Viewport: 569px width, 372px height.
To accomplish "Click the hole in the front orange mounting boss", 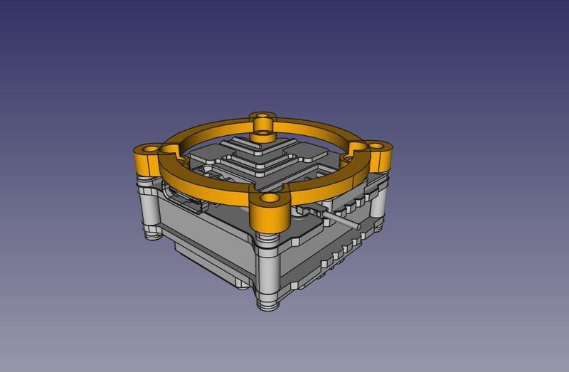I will pyautogui.click(x=270, y=198).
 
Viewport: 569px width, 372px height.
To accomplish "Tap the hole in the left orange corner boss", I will pyautogui.click(x=149, y=149).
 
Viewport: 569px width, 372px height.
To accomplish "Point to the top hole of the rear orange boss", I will pyautogui.click(x=265, y=115).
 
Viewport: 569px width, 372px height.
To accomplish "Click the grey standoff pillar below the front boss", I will pyautogui.click(x=268, y=270).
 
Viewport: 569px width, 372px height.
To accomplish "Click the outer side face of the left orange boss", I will pyautogui.click(x=142, y=164).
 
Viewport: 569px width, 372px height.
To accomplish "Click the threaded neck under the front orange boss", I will pyautogui.click(x=268, y=235).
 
